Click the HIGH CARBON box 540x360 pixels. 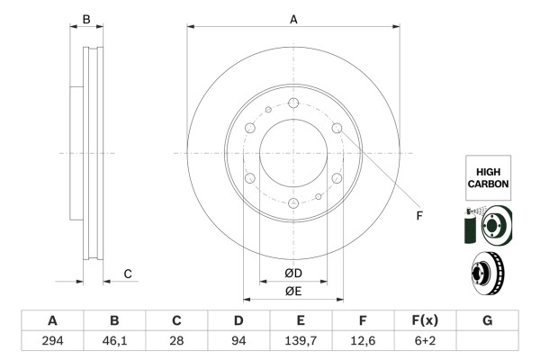click(x=489, y=176)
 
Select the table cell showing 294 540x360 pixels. click(x=52, y=341)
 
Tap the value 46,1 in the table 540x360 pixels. click(x=114, y=341)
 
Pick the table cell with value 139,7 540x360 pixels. click(x=301, y=341)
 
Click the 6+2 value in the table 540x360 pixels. click(x=425, y=341)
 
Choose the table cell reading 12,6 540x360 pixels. click(x=363, y=341)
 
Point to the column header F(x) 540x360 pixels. click(x=425, y=320)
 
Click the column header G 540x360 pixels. click(x=487, y=320)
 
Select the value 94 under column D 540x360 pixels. click(x=238, y=341)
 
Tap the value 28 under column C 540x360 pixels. click(x=176, y=341)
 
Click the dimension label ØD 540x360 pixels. click(x=293, y=274)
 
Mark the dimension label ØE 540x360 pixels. click(x=293, y=290)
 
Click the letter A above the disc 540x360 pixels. click(x=293, y=19)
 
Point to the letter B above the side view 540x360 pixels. click(x=86, y=19)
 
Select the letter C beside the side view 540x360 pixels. click(x=128, y=274)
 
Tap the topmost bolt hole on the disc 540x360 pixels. click(x=293, y=102)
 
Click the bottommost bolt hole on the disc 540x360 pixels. click(x=293, y=203)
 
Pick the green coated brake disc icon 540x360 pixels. click(x=487, y=226)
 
